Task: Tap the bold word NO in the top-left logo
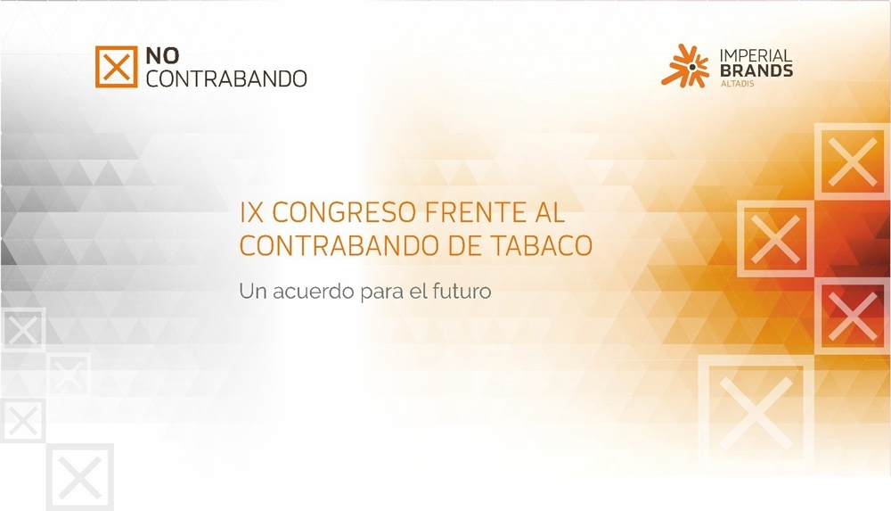tap(162, 56)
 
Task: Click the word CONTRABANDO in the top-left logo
tap(226, 78)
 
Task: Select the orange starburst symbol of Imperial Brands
tap(685, 66)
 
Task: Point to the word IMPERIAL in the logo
tap(756, 56)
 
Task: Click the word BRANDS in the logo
tap(756, 70)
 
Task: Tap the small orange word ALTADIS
tap(737, 84)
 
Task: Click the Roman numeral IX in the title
tap(252, 213)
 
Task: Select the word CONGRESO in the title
tap(344, 213)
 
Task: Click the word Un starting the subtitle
tap(253, 292)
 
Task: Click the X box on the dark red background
tap(853, 316)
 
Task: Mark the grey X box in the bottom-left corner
tap(80, 477)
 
